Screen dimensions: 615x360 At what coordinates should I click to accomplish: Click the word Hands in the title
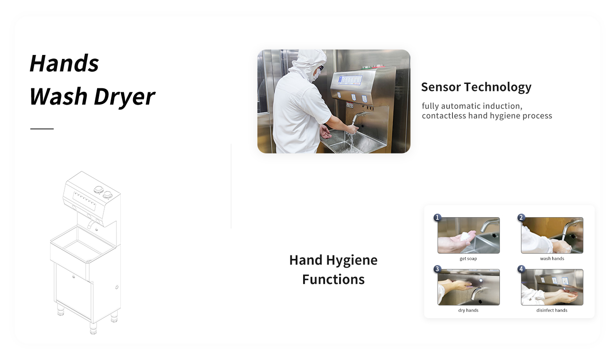pos(64,63)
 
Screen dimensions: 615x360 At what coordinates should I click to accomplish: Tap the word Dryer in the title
pos(124,97)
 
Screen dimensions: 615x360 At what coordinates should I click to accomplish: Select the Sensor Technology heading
pos(476,87)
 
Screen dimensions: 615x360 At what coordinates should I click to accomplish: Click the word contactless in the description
pos(444,116)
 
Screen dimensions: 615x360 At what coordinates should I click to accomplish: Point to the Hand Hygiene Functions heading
pos(333,269)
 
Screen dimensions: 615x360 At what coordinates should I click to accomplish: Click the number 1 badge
pos(438,218)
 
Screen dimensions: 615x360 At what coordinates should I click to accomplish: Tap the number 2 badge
pos(521,218)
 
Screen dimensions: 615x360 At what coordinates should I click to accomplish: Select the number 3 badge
pos(438,269)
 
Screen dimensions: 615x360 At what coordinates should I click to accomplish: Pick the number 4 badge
pos(521,269)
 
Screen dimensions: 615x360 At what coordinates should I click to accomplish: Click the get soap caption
pos(468,258)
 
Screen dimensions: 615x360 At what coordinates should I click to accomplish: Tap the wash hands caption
pos(552,258)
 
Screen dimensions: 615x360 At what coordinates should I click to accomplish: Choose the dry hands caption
pos(468,310)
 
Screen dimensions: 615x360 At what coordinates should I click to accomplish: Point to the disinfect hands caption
pos(552,310)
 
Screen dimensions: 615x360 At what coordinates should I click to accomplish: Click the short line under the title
pos(42,129)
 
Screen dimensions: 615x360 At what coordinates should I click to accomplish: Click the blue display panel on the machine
pos(350,80)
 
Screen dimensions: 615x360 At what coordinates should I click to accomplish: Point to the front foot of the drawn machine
pos(93,328)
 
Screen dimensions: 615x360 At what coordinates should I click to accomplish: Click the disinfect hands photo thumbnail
pos(552,287)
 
